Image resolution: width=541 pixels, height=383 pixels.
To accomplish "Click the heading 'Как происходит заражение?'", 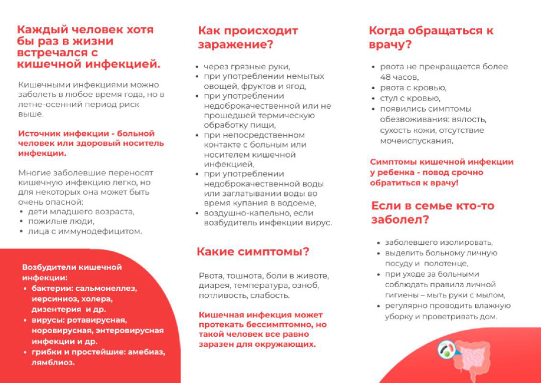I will (x=248, y=37).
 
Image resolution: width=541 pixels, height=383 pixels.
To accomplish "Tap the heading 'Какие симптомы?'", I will (x=253, y=251).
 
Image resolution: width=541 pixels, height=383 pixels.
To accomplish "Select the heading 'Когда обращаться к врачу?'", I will (x=431, y=37).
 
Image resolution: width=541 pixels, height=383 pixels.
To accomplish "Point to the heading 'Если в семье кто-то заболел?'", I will (x=432, y=212).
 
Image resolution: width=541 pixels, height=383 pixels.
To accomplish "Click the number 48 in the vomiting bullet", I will (x=386, y=77).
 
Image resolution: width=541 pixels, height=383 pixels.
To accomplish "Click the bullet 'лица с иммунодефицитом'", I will (x=85, y=231).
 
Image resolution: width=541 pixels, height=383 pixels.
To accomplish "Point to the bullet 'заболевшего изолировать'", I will (x=438, y=243).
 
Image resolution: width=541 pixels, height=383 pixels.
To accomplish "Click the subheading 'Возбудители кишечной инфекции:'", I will (x=72, y=272).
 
